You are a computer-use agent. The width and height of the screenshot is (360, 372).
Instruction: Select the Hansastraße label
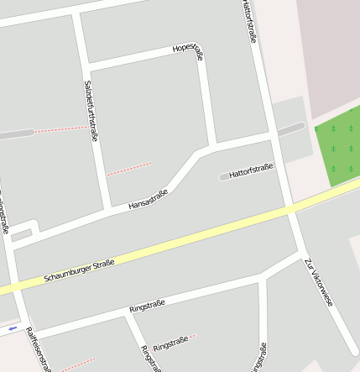pos(148,200)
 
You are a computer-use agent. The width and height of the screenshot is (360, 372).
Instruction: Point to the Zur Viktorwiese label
pos(319,280)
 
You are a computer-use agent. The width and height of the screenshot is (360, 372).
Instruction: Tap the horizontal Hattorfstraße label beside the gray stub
pos(251,170)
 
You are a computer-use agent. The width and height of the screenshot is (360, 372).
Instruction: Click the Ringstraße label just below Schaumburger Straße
pos(147,307)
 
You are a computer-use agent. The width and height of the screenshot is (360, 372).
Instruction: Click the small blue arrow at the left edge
pos(13,328)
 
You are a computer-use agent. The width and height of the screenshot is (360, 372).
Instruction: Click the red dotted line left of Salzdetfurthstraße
pos(60,129)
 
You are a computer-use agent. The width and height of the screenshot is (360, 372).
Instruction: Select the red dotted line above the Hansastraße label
pos(129,168)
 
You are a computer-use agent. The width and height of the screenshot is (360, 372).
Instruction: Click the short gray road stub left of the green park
pos(291,128)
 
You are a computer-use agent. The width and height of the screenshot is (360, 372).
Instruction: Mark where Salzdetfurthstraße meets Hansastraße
pos(109,208)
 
